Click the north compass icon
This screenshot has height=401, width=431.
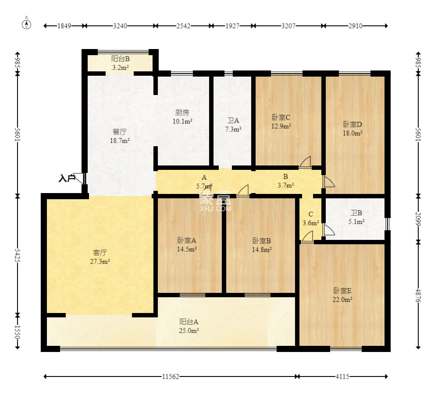pos(26,25)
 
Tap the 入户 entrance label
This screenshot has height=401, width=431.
pos(67,179)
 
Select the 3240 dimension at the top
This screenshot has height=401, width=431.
pos(120,26)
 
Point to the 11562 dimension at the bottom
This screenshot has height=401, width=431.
pos(171,376)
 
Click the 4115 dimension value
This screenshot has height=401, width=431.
pos(342,376)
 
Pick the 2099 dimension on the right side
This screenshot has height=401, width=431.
pos(418,219)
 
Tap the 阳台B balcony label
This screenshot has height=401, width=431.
pos(121,59)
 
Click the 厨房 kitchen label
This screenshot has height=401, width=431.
pos(182,113)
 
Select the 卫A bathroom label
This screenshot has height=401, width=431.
pos(233,120)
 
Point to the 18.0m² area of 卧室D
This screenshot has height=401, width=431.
pos(353,134)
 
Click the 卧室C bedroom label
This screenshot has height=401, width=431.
pos(281,117)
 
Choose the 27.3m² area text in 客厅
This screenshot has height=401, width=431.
pos(100,262)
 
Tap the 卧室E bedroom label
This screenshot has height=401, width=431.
pos(342,290)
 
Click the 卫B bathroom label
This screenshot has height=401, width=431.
pos(356,213)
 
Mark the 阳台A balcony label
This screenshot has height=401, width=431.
pos(189,322)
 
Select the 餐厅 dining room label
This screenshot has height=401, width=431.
pos(120,132)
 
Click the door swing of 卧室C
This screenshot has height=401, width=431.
pos(305,162)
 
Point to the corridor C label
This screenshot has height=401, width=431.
pos(310,214)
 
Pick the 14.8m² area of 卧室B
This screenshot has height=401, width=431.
pos(262,250)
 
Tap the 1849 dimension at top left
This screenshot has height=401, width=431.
pos(64,26)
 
